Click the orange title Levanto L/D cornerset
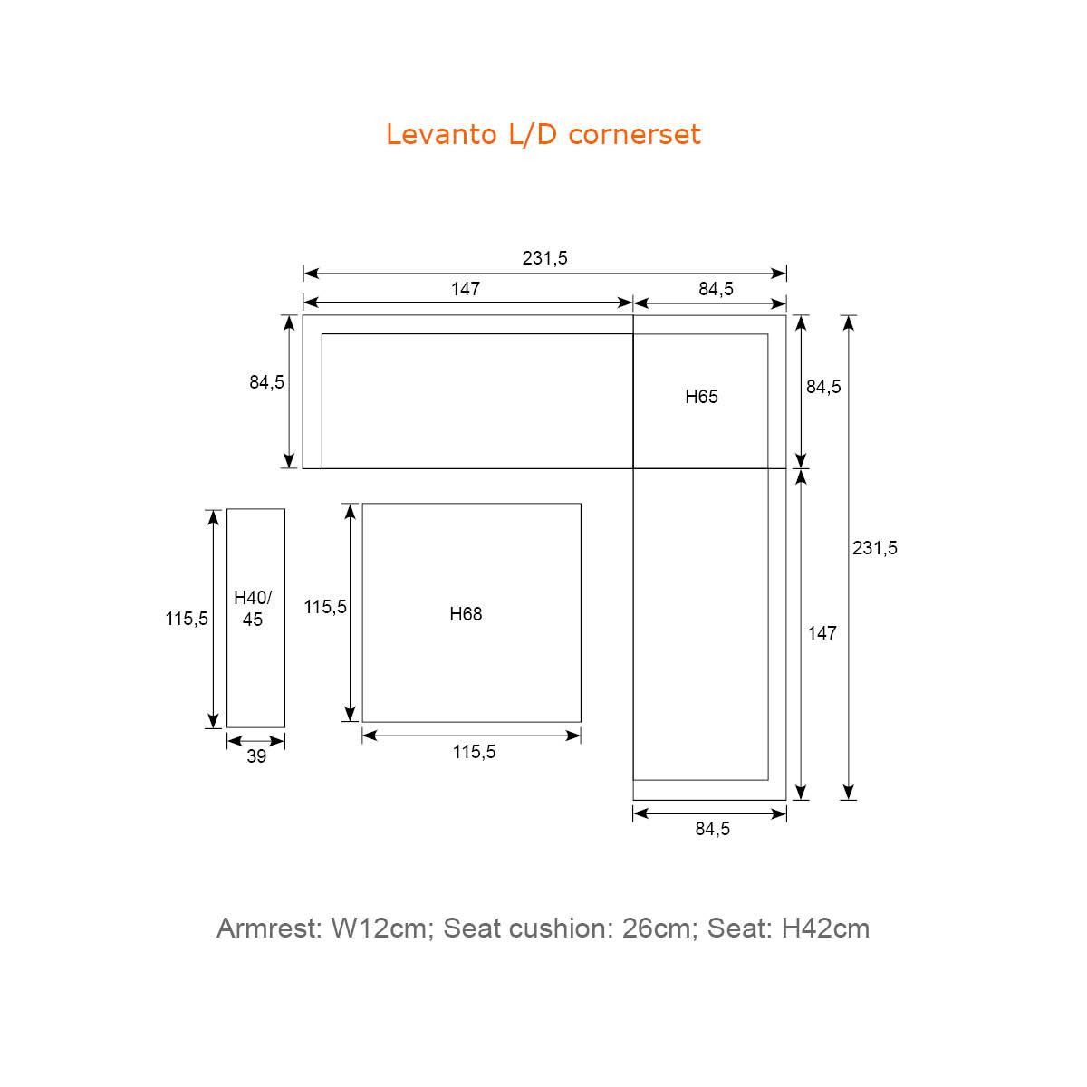coord(543,135)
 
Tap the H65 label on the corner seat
coord(701,397)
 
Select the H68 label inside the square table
coord(466,614)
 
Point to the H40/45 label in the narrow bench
coord(253,608)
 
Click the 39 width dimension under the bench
coord(256,755)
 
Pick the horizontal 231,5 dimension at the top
coord(544,258)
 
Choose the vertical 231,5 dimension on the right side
coord(874,547)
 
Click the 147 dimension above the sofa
coord(466,289)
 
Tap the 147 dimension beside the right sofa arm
coord(822,633)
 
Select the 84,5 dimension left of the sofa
coord(267,382)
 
